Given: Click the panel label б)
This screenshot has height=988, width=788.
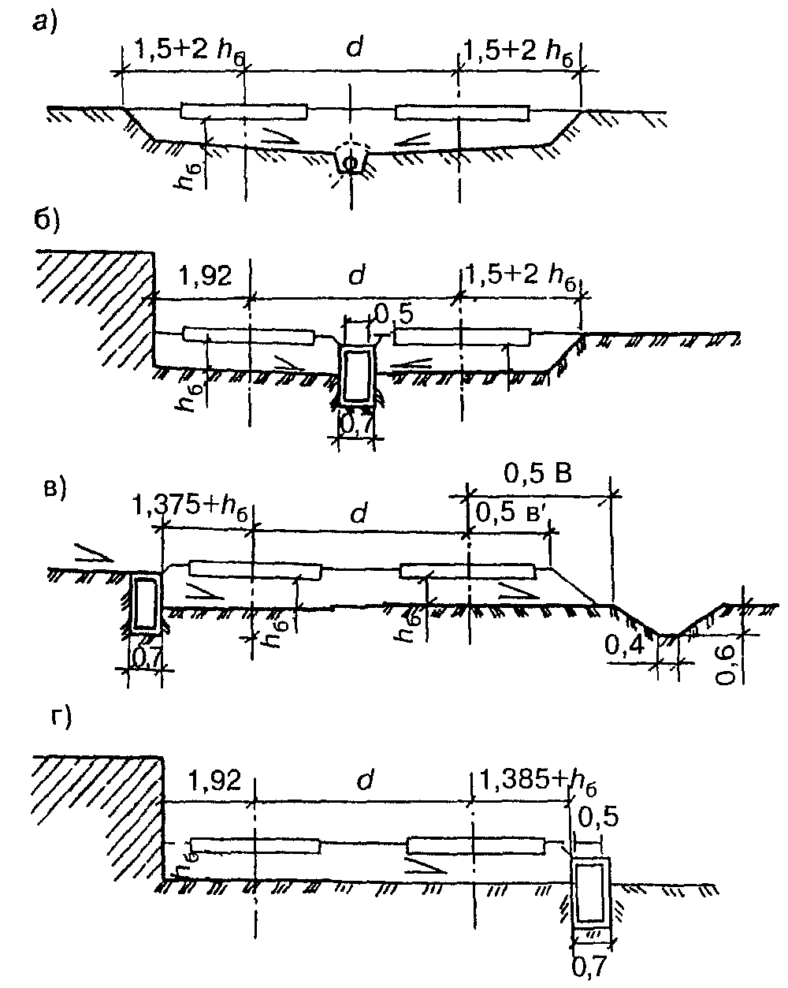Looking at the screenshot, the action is click(x=46, y=222).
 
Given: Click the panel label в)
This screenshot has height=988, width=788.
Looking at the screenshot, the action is click(x=54, y=490).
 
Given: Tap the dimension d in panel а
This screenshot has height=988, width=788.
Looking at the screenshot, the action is click(x=354, y=46).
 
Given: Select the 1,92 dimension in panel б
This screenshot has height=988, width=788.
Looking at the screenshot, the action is click(x=205, y=277).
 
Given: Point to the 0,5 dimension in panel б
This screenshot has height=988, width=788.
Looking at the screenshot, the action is click(x=394, y=315).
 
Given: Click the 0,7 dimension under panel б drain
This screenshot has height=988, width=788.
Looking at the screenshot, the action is click(x=357, y=426).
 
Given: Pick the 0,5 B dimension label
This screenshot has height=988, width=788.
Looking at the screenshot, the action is click(x=537, y=473).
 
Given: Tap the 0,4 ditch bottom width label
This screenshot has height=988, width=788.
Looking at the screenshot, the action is click(x=623, y=645).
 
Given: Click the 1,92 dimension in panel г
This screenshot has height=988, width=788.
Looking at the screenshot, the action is click(x=214, y=780).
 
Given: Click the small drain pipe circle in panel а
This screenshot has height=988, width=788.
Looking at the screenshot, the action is click(x=350, y=162).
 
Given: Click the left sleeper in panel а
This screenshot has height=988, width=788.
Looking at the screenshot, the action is click(x=243, y=111).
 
